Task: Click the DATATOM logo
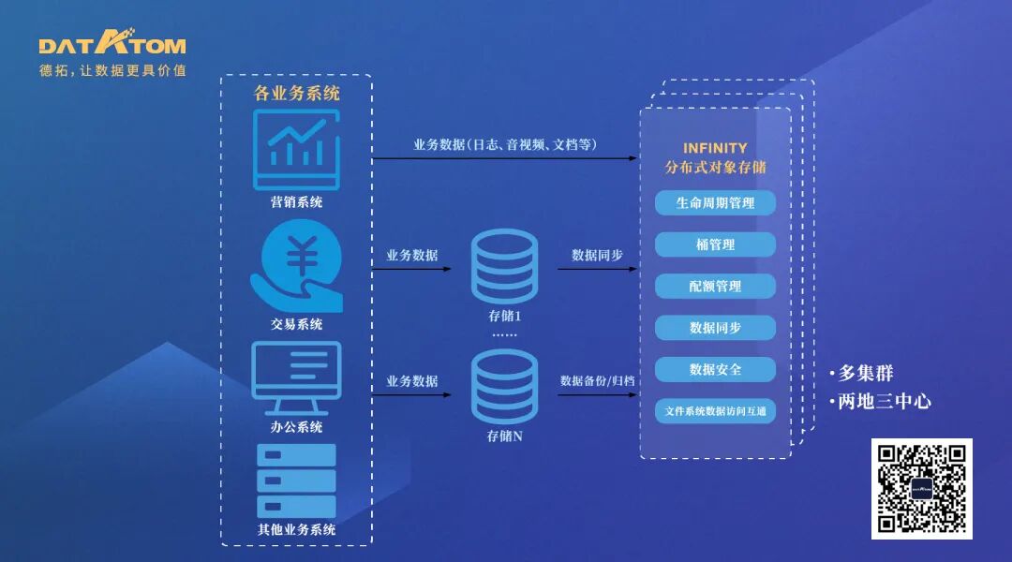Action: (x=112, y=44)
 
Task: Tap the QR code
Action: (x=921, y=489)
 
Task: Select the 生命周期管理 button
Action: (x=715, y=202)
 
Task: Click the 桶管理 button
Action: (x=715, y=244)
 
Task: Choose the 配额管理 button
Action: (x=715, y=286)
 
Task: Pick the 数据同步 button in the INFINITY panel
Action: (x=715, y=328)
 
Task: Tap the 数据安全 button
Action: (x=715, y=369)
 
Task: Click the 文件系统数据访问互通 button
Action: (x=715, y=410)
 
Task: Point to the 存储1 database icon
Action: (x=504, y=266)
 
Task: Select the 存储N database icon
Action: (x=504, y=386)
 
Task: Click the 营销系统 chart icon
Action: (x=296, y=150)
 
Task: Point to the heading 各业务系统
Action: (x=296, y=93)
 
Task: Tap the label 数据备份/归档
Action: (x=597, y=380)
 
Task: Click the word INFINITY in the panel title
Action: (x=715, y=148)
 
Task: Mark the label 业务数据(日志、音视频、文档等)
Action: (x=505, y=144)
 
